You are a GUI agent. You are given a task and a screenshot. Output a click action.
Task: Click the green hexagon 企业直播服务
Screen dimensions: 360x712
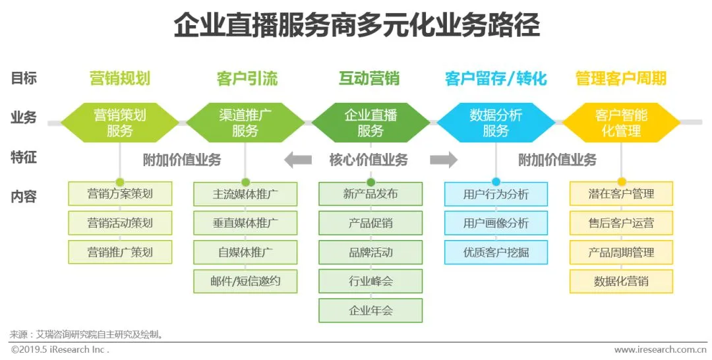[371, 123]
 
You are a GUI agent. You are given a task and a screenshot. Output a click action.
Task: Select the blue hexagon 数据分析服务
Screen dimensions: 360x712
[496, 123]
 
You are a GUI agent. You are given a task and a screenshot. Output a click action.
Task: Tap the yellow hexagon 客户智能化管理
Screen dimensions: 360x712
[621, 123]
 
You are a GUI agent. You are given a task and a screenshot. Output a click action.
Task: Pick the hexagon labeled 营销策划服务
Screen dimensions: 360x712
[120, 123]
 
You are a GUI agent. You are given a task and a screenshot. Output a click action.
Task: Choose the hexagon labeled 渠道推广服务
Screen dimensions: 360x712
[245, 123]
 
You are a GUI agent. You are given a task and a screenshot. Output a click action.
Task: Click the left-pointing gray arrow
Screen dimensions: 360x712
[298, 160]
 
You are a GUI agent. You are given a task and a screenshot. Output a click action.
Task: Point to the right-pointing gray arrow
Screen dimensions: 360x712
[444, 160]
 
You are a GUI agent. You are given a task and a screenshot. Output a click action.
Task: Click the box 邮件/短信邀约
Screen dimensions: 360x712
[245, 282]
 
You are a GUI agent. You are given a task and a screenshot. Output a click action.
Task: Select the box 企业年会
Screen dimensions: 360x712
[371, 311]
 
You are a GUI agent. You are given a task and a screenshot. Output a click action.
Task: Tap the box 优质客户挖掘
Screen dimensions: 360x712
[496, 252]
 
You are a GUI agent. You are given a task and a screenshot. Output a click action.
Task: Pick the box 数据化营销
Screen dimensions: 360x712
[621, 282]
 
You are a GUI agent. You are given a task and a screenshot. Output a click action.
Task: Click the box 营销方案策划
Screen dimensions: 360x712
[120, 194]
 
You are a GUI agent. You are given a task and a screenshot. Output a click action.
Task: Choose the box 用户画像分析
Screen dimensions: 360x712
[496, 223]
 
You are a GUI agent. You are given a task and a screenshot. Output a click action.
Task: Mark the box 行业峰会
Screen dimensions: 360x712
[371, 282]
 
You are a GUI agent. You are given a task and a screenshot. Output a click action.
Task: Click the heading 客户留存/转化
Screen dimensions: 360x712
[496, 79]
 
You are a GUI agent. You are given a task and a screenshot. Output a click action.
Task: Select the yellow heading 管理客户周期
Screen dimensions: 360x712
[621, 79]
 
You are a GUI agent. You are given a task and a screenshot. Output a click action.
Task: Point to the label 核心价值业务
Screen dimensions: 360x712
[369, 160]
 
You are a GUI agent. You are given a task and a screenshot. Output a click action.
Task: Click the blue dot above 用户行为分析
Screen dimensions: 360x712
[496, 182]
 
